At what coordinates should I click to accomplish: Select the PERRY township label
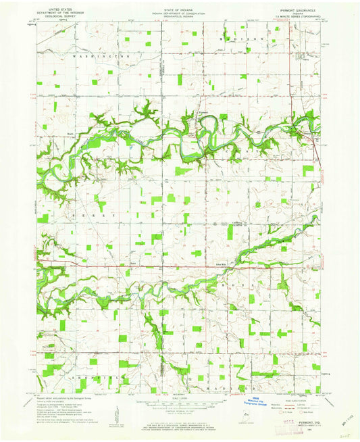[x=96, y=215]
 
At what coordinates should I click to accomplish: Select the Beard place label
[x=51, y=132]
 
